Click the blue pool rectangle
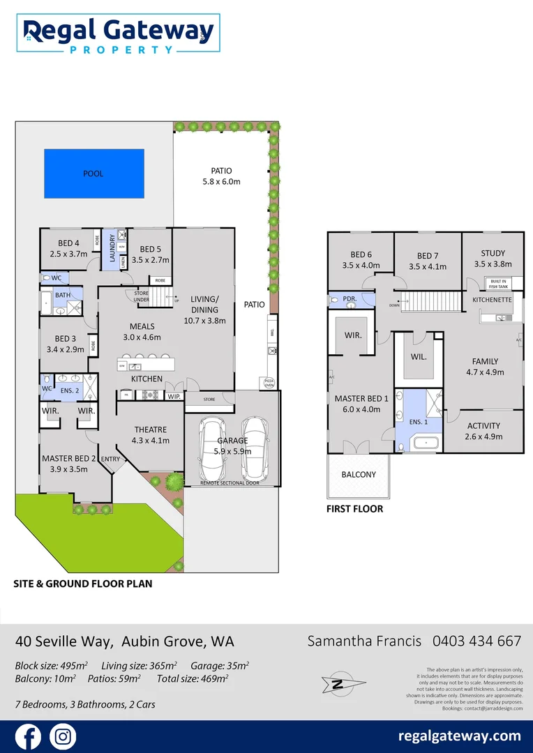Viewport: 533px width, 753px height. click(x=93, y=173)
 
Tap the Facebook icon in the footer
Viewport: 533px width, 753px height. click(x=28, y=736)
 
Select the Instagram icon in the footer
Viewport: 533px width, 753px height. click(x=63, y=736)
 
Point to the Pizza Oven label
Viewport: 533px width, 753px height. click(x=268, y=382)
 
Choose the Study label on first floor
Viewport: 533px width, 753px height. click(x=493, y=254)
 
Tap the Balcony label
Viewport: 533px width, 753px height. click(x=359, y=475)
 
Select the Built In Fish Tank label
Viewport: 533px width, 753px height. click(x=498, y=283)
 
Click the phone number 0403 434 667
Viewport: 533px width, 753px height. click(x=476, y=641)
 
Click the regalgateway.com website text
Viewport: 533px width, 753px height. click(x=459, y=736)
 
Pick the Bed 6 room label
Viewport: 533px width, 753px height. click(x=361, y=255)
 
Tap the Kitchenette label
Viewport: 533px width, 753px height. click(x=492, y=300)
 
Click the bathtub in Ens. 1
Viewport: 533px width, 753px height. click(x=426, y=443)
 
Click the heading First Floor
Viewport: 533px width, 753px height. click(x=354, y=509)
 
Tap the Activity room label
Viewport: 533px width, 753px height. click(x=483, y=426)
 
